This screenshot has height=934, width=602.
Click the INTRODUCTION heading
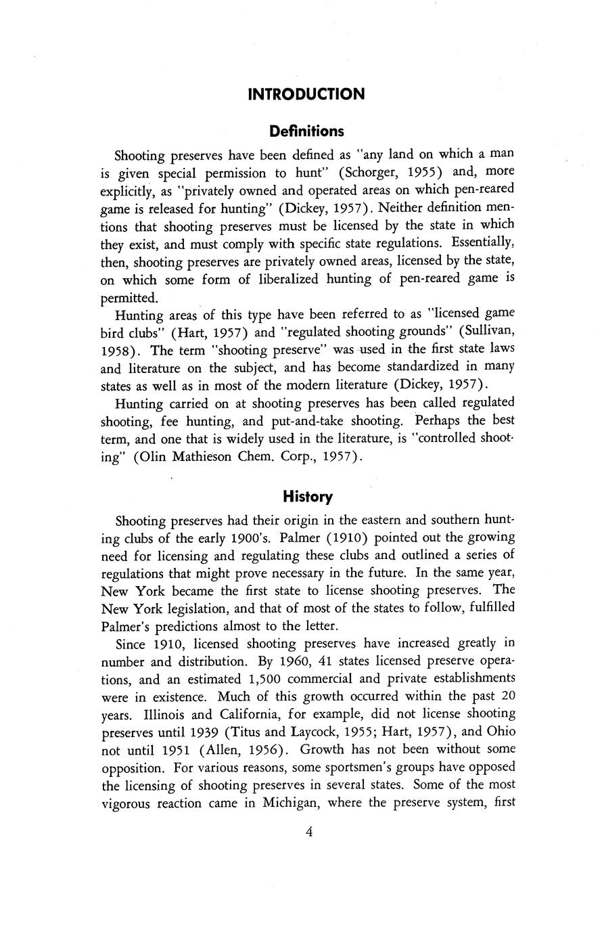tap(306, 94)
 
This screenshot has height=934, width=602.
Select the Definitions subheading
tap(306, 131)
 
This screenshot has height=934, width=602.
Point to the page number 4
tap(308, 832)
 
